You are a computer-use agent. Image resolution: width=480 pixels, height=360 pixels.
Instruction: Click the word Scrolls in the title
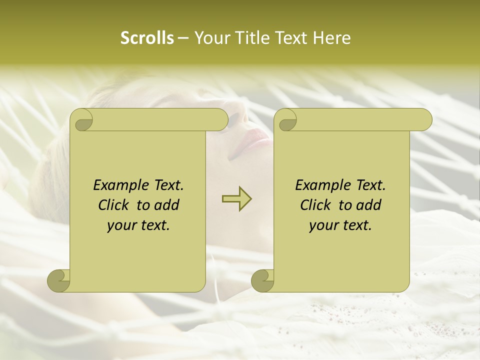pyautogui.click(x=147, y=38)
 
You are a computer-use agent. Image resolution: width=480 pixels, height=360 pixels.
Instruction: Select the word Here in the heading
pyautogui.click(x=331, y=38)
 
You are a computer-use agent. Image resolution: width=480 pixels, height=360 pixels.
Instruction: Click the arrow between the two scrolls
pyautogui.click(x=236, y=198)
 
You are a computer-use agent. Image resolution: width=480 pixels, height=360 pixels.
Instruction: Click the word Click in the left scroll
pyautogui.click(x=114, y=205)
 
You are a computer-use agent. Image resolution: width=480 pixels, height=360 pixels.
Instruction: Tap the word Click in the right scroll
pyautogui.click(x=316, y=205)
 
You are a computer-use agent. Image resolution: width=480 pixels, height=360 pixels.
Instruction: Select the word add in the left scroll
pyautogui.click(x=167, y=205)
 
